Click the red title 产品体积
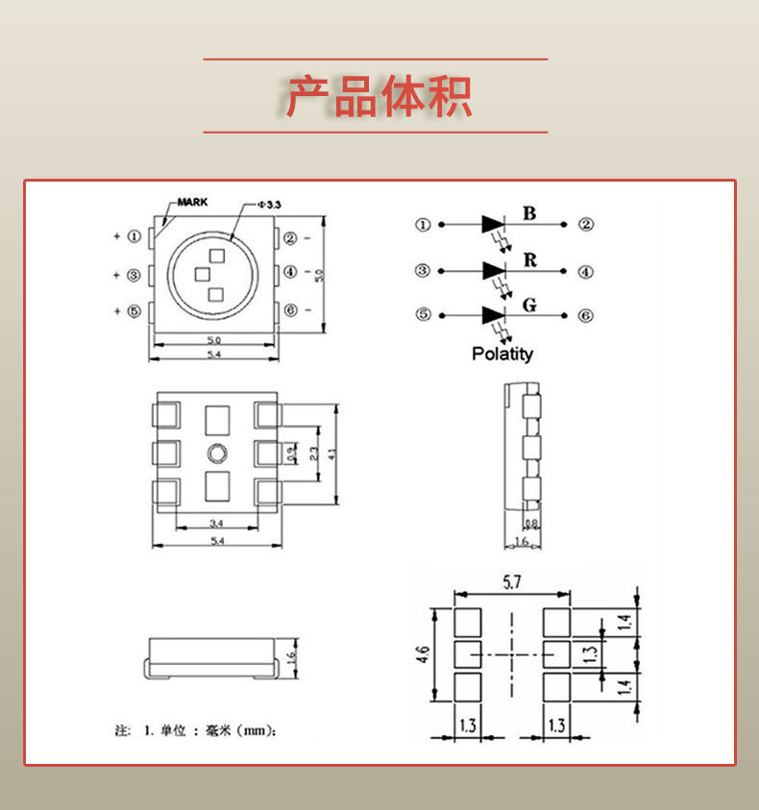coord(379,97)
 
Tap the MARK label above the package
coord(191,203)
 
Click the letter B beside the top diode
coord(529,213)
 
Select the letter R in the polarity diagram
coord(529,260)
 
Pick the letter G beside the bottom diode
coord(529,307)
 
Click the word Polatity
coord(502,354)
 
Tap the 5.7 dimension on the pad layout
coord(513,581)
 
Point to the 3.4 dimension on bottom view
coord(216,524)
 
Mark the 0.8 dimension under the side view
coord(531,524)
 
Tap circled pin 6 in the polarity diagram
coord(586,315)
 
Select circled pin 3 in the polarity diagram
coord(423,271)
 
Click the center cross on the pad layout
coord(512,655)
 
